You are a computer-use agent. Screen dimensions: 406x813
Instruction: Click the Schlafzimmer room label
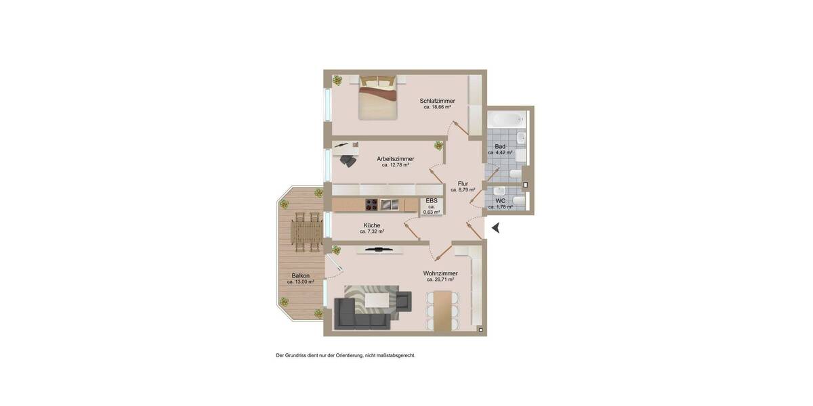point(437,101)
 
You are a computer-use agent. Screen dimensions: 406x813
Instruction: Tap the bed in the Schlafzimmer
point(377,98)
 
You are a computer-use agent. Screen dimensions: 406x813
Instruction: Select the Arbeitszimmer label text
point(396,159)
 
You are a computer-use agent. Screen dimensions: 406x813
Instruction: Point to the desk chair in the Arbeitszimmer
point(348,160)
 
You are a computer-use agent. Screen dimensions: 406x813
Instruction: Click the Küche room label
point(372,225)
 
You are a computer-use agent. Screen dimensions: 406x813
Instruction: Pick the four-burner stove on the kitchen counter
point(372,204)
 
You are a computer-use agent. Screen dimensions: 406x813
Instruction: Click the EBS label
point(432,200)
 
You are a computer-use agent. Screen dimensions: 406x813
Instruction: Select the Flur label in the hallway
point(463,183)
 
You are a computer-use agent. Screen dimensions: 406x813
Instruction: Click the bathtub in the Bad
point(506,120)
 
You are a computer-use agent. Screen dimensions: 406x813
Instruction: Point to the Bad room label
point(500,146)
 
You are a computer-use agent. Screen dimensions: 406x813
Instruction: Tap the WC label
point(500,201)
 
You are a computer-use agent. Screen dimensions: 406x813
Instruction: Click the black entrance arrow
point(495,228)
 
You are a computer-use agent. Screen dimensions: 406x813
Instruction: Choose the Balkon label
point(301,275)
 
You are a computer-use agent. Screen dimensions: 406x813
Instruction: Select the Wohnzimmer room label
point(440,273)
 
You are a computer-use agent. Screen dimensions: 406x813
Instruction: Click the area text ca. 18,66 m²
point(437,107)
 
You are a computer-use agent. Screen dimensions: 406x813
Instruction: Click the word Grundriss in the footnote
point(295,355)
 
